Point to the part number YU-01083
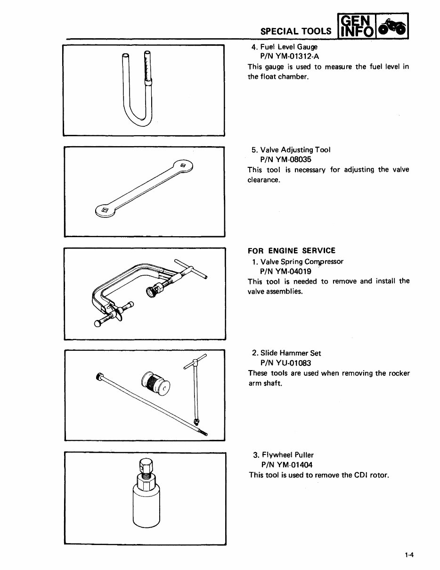(293, 363)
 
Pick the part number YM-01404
(293, 465)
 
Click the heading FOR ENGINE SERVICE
(292, 251)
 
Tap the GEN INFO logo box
(354, 26)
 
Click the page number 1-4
(408, 555)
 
